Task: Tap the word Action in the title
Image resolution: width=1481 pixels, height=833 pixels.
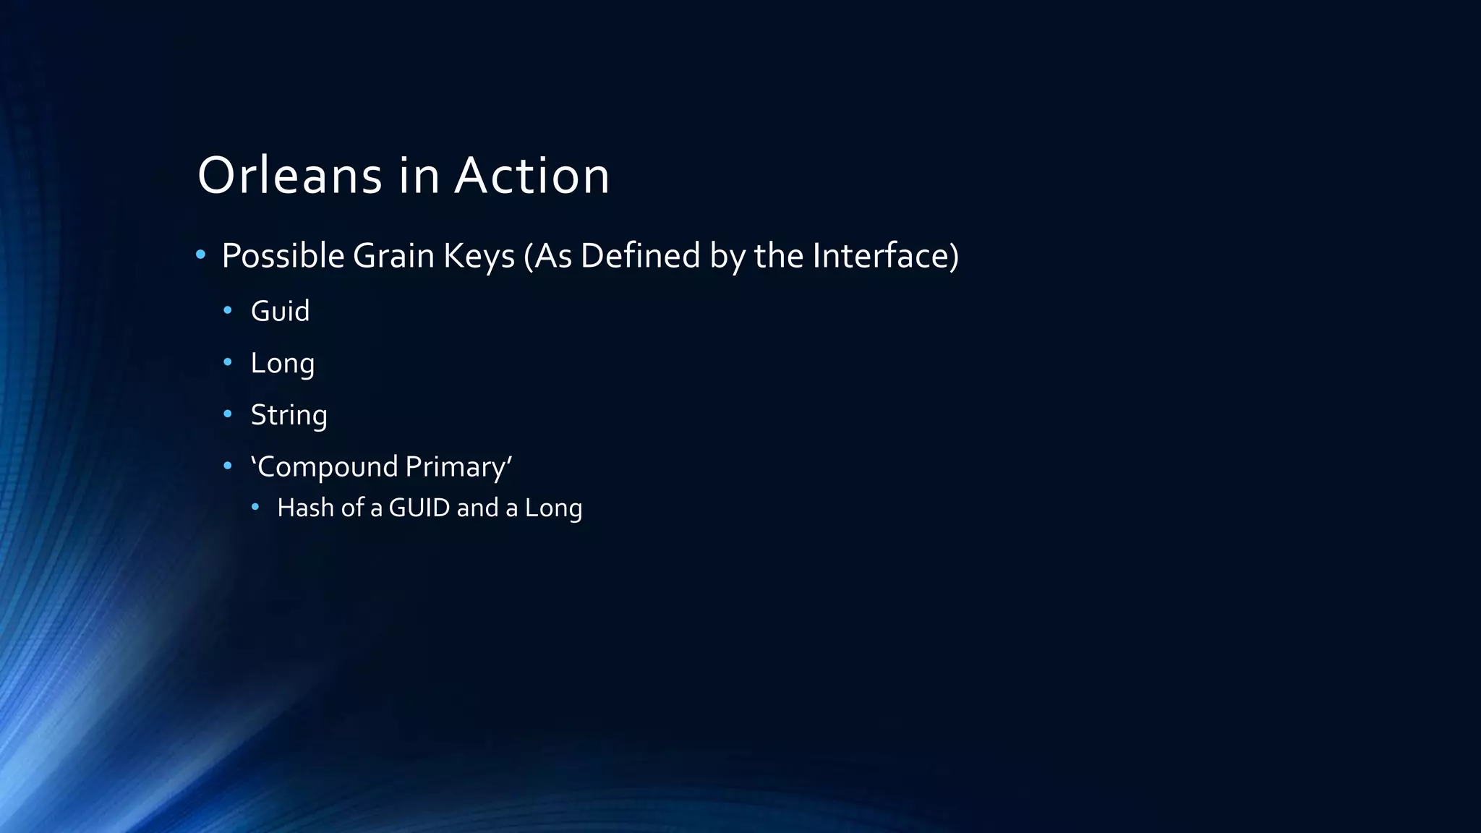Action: (x=532, y=176)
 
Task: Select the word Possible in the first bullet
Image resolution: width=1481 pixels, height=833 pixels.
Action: (x=283, y=256)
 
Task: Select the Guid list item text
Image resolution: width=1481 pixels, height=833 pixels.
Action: (x=280, y=311)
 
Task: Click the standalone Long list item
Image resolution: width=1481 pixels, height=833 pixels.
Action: (x=282, y=363)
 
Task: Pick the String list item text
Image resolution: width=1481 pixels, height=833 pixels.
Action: (x=289, y=415)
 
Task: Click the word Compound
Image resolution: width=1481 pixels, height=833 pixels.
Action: (x=326, y=467)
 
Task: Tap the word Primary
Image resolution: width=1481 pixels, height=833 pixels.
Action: (x=456, y=467)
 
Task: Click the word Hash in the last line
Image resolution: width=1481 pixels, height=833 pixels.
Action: (x=305, y=508)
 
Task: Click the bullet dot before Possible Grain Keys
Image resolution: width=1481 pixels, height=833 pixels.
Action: (x=201, y=255)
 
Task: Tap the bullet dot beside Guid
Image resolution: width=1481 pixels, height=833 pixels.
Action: (x=228, y=310)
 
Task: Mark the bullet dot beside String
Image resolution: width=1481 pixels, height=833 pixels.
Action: (x=228, y=414)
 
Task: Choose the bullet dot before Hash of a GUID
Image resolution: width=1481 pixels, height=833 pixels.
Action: (x=255, y=507)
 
